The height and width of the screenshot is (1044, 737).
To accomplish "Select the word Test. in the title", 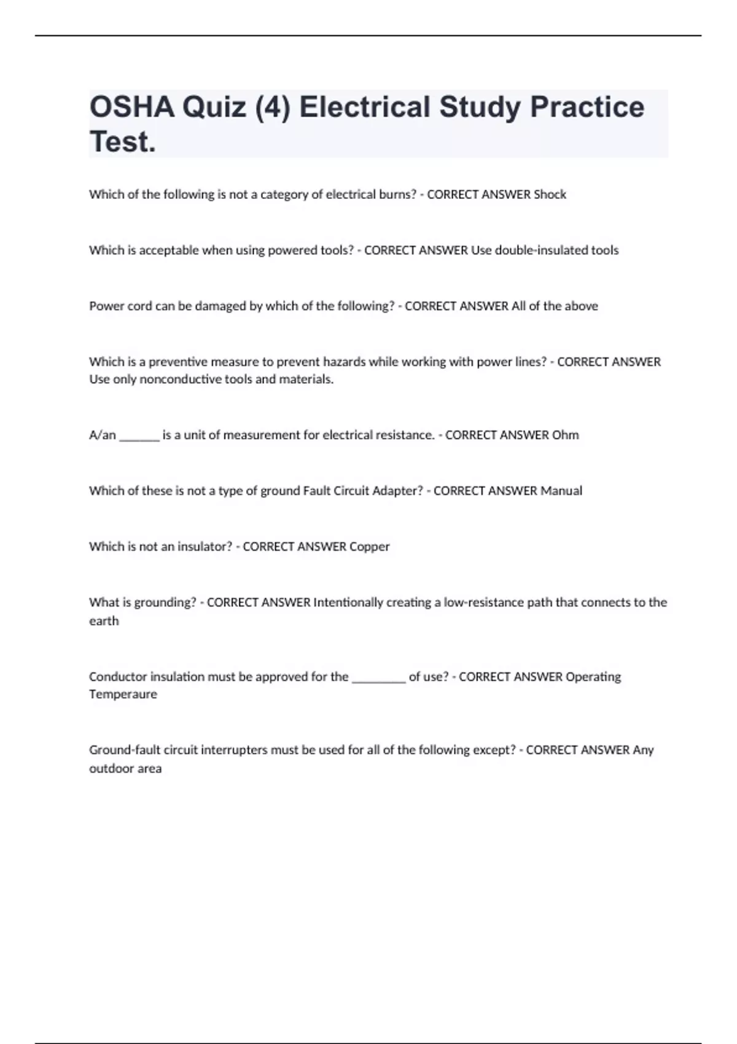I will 123,141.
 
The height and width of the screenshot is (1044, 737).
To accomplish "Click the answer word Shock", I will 550,195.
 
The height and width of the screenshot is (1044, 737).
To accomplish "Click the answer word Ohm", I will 565,435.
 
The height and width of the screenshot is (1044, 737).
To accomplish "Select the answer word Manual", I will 561,491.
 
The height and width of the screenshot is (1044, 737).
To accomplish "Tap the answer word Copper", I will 369,547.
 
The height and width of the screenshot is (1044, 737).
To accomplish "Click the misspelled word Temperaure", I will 123,695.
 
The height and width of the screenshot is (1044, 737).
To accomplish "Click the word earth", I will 104,621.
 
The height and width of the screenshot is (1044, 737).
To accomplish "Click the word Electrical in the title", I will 365,107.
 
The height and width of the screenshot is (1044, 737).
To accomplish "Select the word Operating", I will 593,677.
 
